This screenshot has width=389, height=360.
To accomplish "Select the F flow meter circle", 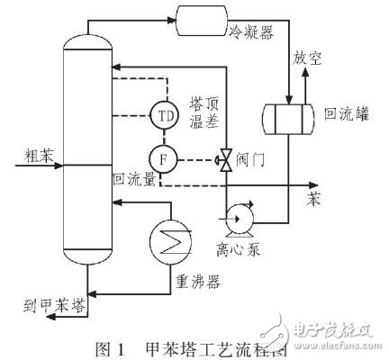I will [x=165, y=158].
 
